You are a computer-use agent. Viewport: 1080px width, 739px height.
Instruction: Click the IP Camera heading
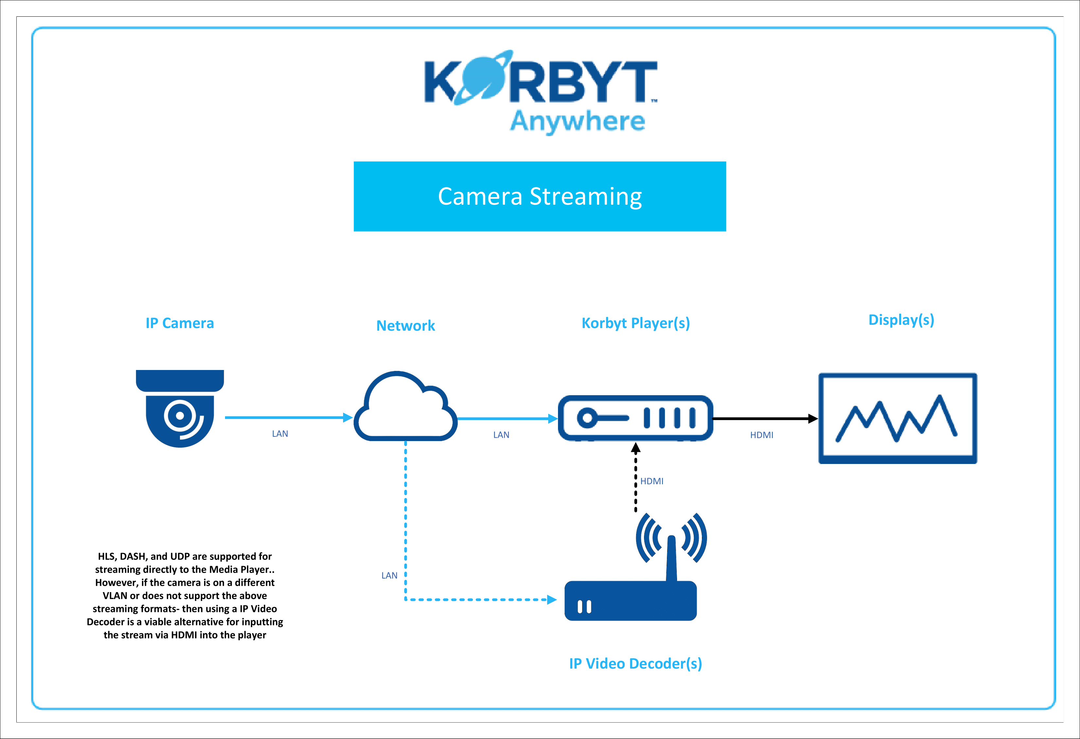pos(180,323)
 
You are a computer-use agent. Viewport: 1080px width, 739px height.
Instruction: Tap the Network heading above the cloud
pos(405,325)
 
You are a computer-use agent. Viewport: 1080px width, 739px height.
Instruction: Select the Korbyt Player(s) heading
pos(635,323)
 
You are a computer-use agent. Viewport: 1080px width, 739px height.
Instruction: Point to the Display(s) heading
pos(901,320)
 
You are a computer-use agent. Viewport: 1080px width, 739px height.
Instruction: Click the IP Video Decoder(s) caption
pos(635,664)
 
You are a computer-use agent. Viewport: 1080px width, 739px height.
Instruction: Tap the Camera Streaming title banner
pos(540,196)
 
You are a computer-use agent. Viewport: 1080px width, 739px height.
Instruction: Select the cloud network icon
pos(405,407)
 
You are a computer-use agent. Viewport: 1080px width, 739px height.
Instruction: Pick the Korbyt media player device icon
pos(635,418)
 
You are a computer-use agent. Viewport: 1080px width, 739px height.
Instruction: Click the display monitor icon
pos(897,418)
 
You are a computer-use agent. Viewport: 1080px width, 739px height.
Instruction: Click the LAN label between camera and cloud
pos(280,434)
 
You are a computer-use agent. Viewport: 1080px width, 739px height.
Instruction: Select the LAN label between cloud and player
pos(501,435)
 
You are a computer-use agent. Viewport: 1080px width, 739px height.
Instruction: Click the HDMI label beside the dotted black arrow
pos(652,481)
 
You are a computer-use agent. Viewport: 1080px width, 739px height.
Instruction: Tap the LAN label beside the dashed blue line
pos(389,576)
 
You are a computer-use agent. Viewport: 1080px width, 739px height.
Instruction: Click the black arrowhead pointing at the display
pos(813,418)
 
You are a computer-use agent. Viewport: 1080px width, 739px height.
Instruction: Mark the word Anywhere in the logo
pos(577,122)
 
